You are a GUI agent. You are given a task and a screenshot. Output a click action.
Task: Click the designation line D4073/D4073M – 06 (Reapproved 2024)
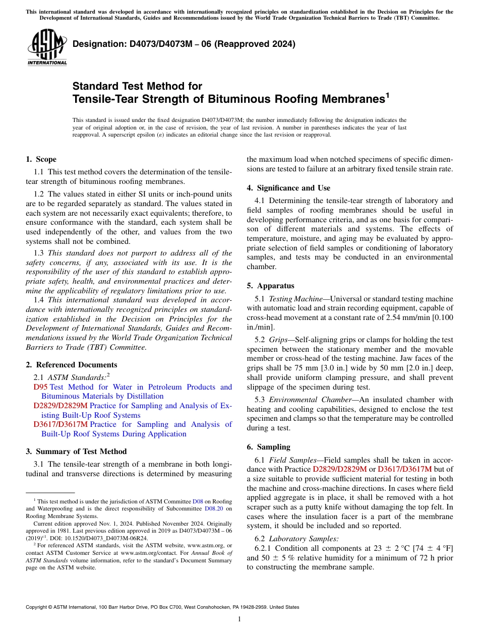pyautogui.click(x=184, y=44)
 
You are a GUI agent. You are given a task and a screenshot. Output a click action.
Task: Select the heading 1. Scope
pyautogui.click(x=41, y=159)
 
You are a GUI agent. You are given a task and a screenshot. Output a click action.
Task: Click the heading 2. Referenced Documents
pyautogui.click(x=71, y=365)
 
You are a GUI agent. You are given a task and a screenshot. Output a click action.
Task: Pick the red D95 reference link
pyautogui.click(x=40, y=387)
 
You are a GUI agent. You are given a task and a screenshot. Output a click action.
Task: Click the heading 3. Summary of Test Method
pyautogui.click(x=76, y=452)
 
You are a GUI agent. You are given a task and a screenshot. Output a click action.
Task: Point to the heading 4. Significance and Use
pyautogui.click(x=288, y=188)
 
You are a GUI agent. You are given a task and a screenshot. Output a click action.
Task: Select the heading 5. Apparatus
pyautogui.click(x=270, y=286)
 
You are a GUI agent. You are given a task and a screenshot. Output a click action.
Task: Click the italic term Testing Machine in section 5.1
pyautogui.click(x=291, y=299)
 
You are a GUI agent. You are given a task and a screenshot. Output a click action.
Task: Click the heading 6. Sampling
pyautogui.click(x=268, y=447)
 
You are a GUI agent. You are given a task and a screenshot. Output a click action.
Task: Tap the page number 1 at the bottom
pyautogui.click(x=239, y=619)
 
